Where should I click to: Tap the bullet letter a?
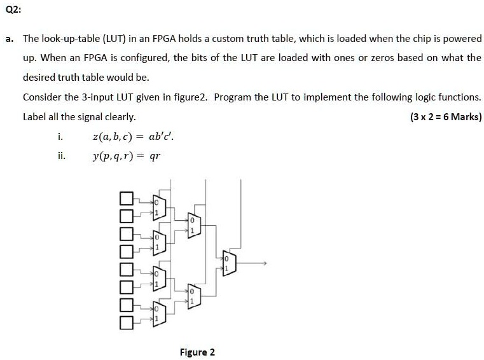(x=9, y=39)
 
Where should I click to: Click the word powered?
(x=462, y=39)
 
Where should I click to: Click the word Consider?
(x=42, y=97)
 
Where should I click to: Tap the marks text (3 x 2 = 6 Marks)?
(x=446, y=117)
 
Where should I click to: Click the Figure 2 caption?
(x=197, y=352)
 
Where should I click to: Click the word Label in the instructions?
(x=34, y=117)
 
